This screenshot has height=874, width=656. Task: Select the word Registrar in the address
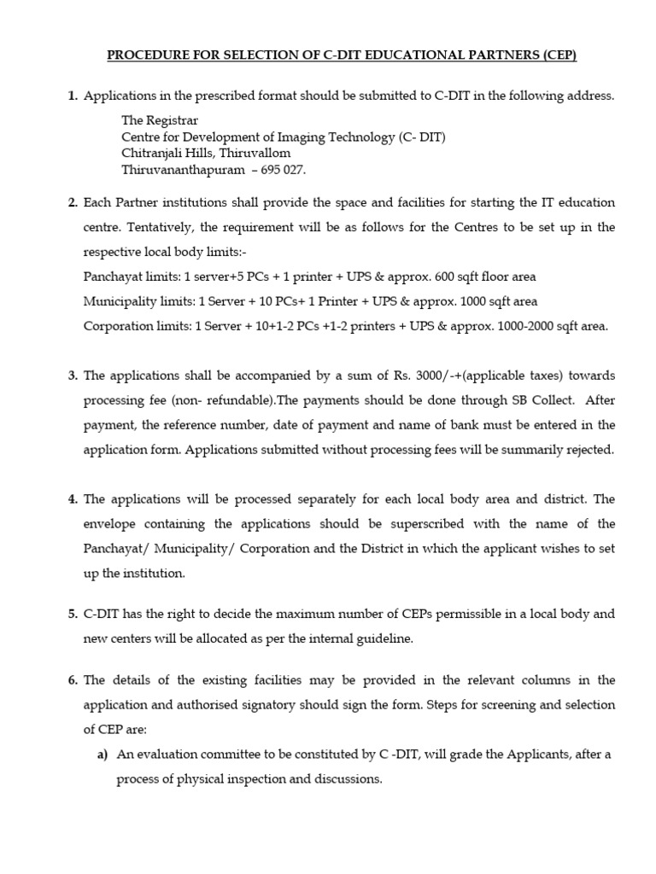click(x=173, y=120)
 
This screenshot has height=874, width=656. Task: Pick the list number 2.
click(x=73, y=203)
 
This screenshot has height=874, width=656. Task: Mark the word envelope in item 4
click(x=111, y=523)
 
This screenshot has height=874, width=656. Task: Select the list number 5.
click(x=73, y=615)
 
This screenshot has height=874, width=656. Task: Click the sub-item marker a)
click(x=101, y=755)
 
